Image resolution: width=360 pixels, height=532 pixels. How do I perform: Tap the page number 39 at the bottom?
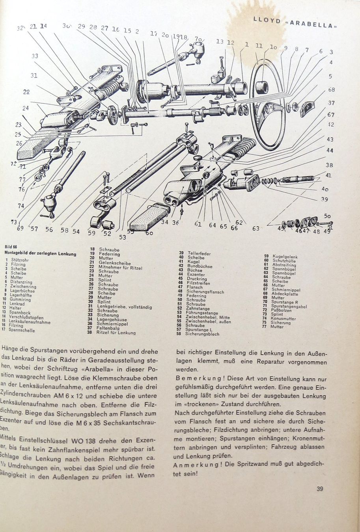(319, 489)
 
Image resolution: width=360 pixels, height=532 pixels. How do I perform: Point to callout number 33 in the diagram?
(35, 56)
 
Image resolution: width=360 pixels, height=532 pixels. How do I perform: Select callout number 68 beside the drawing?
(331, 90)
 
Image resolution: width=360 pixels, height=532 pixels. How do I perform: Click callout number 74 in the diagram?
(21, 206)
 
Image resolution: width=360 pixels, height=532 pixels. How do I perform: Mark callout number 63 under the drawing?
(256, 228)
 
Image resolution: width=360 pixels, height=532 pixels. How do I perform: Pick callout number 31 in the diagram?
(34, 75)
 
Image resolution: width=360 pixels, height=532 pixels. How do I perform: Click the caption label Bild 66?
(11, 247)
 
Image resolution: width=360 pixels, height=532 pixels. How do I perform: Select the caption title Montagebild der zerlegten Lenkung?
(40, 254)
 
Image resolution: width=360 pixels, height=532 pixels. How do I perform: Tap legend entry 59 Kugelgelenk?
(281, 256)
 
